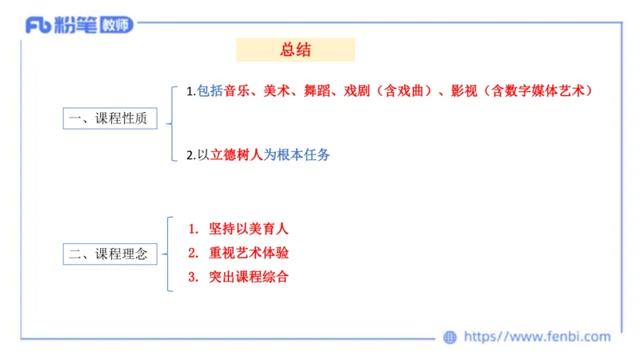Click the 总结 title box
tap(295, 50)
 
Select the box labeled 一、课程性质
tap(108, 118)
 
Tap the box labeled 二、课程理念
tap(108, 255)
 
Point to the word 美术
tap(276, 91)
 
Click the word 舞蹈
tap(315, 91)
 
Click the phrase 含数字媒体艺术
tap(539, 91)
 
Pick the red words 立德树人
tap(236, 155)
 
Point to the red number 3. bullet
tap(192, 278)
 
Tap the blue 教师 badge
tap(116, 25)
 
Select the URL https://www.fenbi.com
tap(537, 337)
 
